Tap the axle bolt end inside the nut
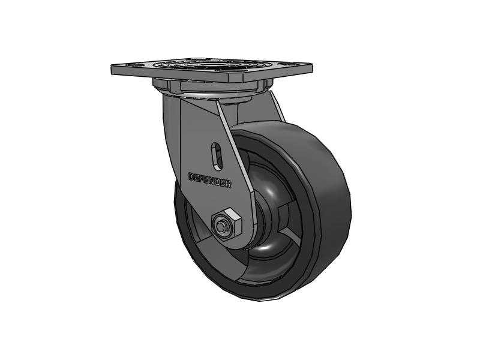pos(223,226)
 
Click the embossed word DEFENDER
pos(210,181)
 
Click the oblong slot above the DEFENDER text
pos(218,155)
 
